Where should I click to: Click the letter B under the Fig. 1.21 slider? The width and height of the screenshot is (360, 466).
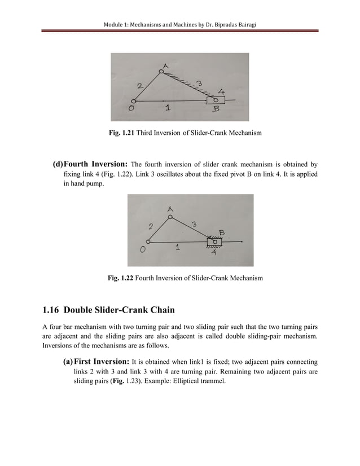point(216,111)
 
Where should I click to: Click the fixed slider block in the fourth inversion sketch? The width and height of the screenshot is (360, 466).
point(214,242)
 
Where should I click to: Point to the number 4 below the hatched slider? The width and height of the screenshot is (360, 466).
point(213,253)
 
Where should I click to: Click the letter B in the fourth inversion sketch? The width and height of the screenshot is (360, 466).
point(222,232)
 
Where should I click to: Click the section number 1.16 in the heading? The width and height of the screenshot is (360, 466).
point(51,310)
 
